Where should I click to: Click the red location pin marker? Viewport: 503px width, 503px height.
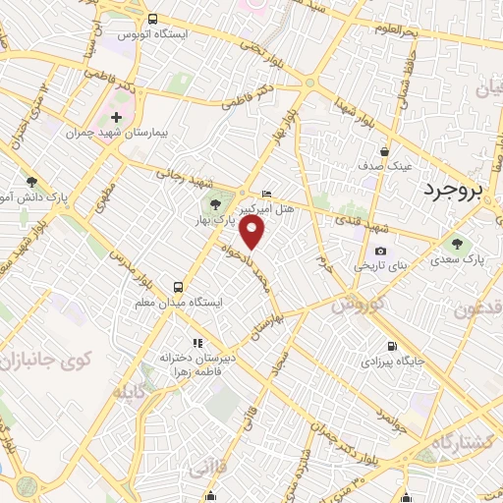[x=253, y=233]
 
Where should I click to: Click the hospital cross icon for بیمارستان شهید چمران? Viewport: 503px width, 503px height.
[x=117, y=118]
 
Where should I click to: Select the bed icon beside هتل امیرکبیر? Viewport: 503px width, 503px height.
[x=266, y=194]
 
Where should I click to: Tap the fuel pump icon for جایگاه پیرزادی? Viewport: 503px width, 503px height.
[x=392, y=346]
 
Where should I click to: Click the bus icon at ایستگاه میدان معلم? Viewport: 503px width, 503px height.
[x=178, y=287]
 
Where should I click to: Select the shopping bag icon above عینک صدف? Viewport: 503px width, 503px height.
[x=384, y=151]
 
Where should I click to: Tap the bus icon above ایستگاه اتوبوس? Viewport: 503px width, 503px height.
[x=152, y=19]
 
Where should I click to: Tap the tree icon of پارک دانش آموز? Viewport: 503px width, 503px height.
[x=32, y=182]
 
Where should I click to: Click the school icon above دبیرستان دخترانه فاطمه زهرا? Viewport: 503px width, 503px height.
[x=197, y=343]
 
